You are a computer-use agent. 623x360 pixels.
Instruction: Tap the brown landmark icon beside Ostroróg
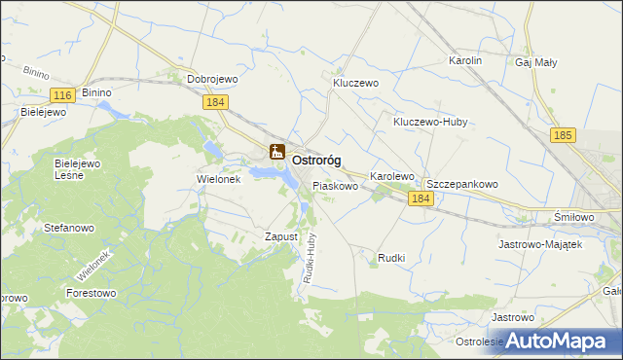coord(276,151)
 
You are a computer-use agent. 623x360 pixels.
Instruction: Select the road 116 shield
coord(62,94)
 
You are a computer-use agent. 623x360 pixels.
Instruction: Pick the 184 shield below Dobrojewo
coord(216,101)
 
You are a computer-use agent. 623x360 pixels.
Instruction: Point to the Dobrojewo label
coord(212,80)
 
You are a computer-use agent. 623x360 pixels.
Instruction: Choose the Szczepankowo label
coord(462,183)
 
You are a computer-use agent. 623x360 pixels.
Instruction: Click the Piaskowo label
coord(336,184)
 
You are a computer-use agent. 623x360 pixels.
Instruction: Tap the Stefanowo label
coord(68,228)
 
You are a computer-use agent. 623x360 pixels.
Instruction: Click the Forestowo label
coord(91,292)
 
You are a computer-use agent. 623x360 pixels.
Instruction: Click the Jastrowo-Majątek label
coord(539,244)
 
